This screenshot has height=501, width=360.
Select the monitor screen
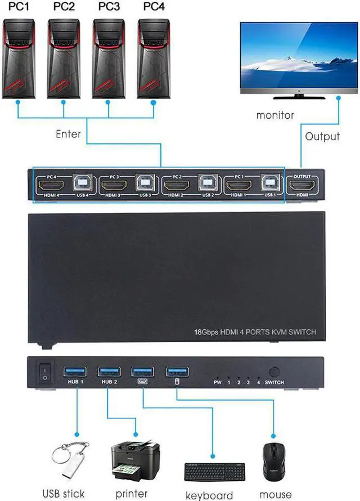299,55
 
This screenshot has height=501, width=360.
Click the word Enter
68,135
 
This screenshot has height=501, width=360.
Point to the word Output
322,136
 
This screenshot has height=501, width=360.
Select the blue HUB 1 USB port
73,370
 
